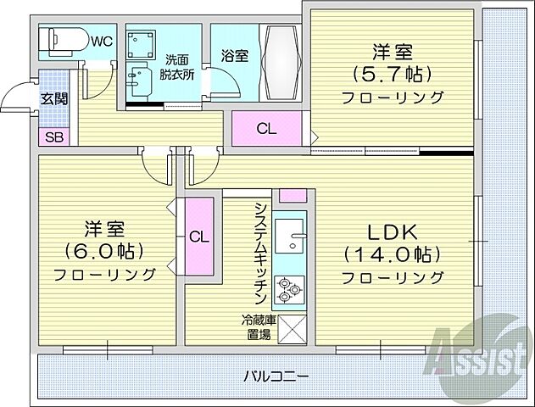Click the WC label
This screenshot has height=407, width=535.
tap(102, 39)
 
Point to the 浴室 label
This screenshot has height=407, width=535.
tap(235, 57)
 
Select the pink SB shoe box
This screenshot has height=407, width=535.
tap(53, 137)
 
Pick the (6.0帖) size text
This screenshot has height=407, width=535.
tap(104, 251)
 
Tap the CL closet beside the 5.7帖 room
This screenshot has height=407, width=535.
tap(266, 130)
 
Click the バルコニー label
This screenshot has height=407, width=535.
tap(276, 375)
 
